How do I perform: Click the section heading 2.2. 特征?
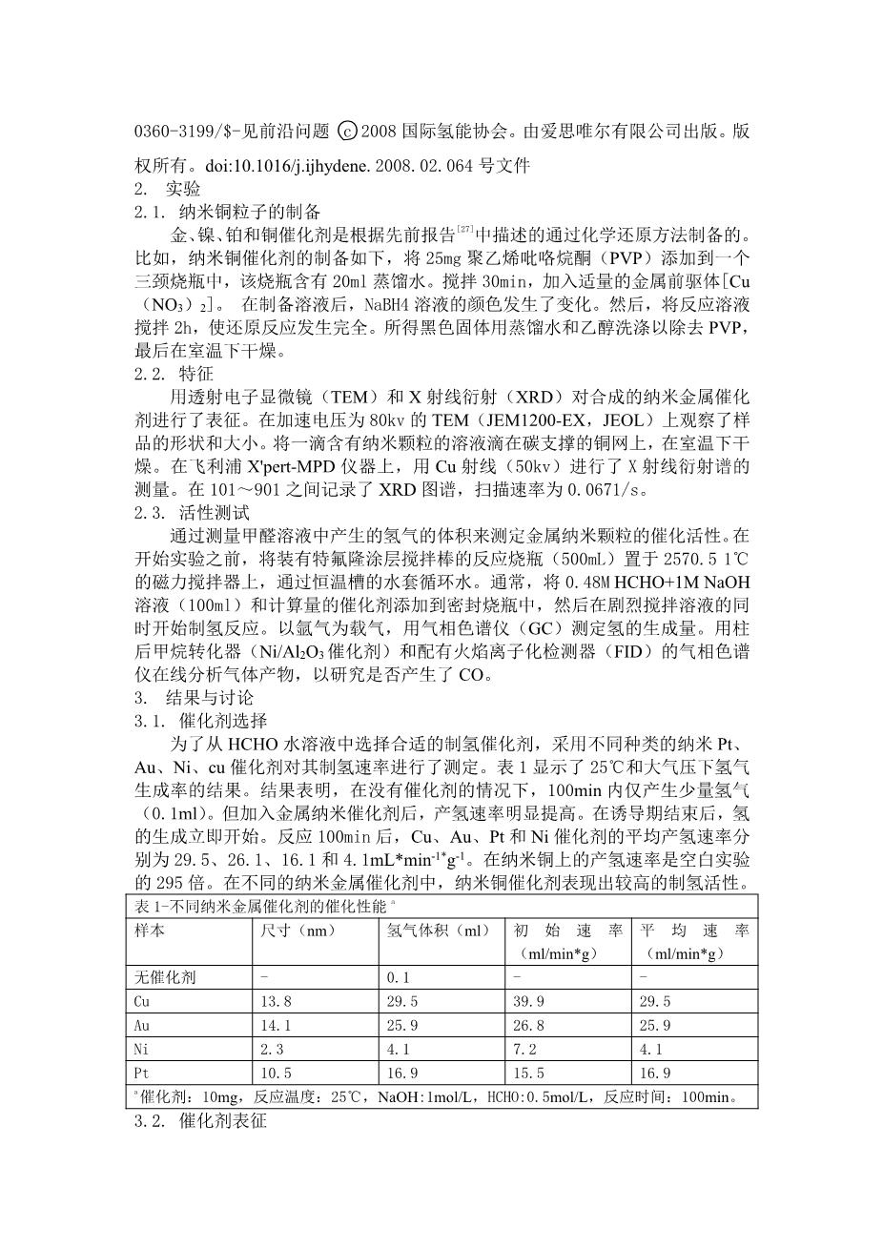coord(173,375)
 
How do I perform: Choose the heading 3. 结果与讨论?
coord(195,697)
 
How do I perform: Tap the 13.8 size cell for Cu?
coord(276,1001)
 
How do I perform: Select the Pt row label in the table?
coord(143,1073)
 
